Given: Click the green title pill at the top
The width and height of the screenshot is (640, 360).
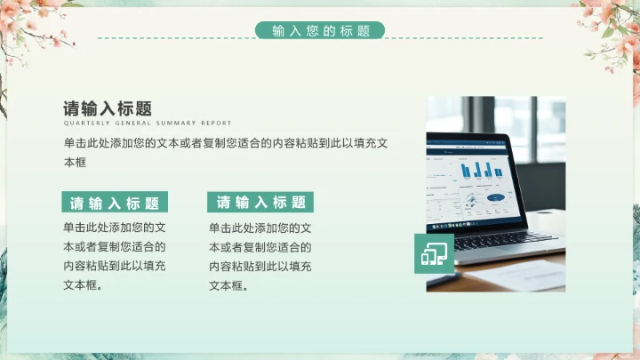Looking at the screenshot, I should click(x=320, y=30).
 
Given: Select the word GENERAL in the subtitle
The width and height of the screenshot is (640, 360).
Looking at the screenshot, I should click(x=131, y=124).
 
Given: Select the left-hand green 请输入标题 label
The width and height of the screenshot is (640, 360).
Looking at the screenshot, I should click(x=115, y=202).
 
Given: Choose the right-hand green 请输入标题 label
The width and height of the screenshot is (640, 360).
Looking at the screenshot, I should click(x=260, y=202).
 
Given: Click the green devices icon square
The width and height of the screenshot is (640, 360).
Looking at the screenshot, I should click(x=434, y=254).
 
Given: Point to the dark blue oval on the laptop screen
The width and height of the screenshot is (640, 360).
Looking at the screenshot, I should click(x=495, y=196).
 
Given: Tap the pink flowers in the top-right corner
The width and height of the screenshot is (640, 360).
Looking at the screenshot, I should click(x=609, y=22).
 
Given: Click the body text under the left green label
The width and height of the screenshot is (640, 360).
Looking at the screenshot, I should click(x=114, y=256).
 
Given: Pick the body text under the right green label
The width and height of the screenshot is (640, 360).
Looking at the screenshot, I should click(x=260, y=256).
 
